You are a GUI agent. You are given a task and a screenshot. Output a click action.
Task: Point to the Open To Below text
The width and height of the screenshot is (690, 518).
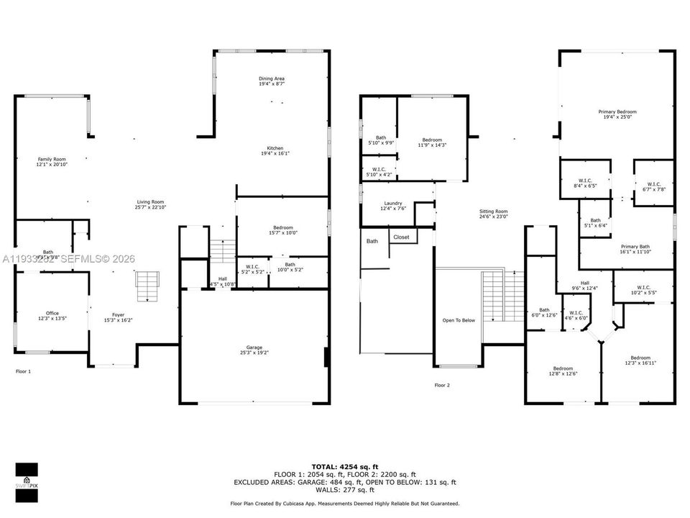(459, 320)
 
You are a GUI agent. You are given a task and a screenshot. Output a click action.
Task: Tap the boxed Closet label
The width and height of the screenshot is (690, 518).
(401, 237)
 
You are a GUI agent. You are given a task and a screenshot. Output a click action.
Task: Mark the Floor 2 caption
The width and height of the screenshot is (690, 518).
(442, 386)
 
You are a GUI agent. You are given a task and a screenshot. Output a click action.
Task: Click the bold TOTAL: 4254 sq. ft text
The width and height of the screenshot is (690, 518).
(344, 467)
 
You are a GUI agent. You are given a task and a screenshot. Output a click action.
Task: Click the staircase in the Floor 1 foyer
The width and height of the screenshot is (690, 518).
(147, 286)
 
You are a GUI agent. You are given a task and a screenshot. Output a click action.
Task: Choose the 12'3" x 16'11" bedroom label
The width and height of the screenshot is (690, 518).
(640, 360)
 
